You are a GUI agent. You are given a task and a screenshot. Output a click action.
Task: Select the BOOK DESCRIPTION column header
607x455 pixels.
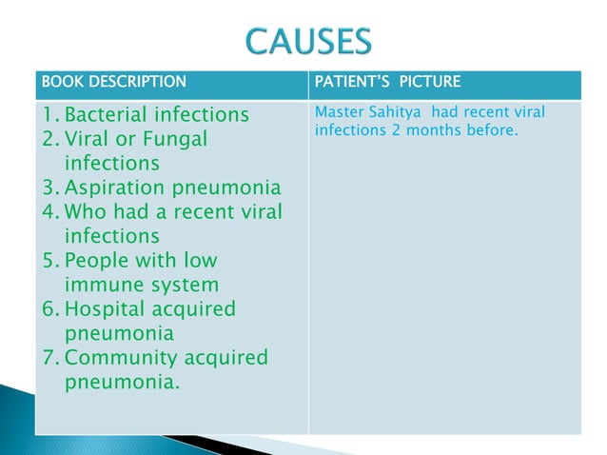pos(107,81)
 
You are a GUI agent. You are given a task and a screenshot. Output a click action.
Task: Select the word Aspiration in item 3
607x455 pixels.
pos(116,187)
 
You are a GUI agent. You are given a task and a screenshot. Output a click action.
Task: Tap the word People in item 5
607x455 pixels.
pos(97,260)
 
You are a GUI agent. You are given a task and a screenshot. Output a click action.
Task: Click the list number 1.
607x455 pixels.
pos(48,116)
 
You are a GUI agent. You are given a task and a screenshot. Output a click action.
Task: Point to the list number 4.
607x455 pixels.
pos(48,211)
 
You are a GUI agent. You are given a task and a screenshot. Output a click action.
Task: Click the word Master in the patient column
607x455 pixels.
pos(339,113)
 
